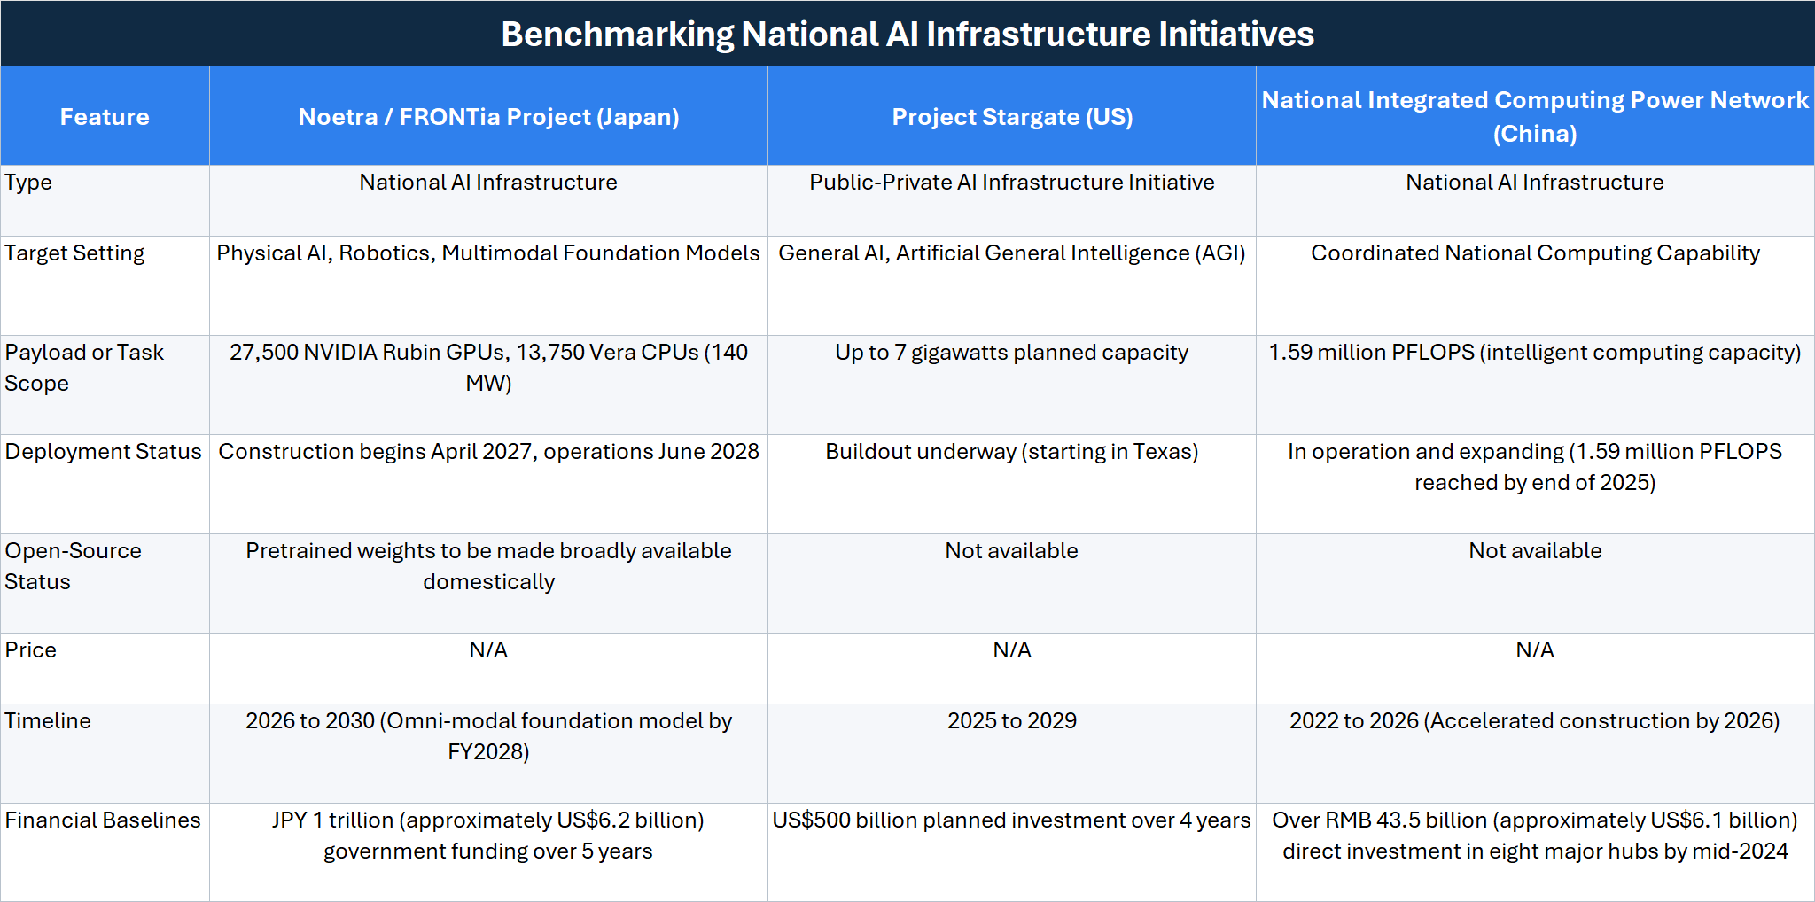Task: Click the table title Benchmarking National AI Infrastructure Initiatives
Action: tap(907, 34)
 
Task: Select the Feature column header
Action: tap(105, 116)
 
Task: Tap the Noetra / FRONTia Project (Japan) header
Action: tap(488, 116)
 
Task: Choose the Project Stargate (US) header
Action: tap(1012, 116)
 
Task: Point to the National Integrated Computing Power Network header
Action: tap(1535, 116)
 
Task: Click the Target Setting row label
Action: tap(74, 253)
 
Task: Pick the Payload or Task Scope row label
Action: tap(84, 368)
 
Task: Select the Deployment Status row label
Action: tap(104, 451)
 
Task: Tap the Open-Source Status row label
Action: tap(73, 566)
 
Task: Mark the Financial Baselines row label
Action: tap(103, 820)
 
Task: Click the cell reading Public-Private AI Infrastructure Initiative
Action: tap(1012, 182)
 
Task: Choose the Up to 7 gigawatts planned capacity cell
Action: tap(1012, 353)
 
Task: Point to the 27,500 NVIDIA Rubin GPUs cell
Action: tap(488, 368)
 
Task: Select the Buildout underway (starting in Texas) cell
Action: tap(1012, 452)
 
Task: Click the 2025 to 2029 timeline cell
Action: tap(1012, 720)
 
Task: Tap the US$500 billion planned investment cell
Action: tap(1012, 820)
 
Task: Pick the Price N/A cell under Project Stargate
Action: tap(1012, 649)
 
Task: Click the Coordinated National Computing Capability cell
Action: tap(1535, 253)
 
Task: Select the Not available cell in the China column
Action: tap(1535, 550)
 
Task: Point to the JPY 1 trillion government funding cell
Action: tap(488, 836)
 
